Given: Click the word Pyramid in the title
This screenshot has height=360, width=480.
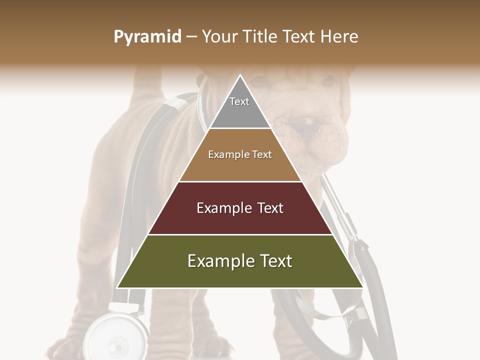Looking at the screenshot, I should click(x=147, y=37).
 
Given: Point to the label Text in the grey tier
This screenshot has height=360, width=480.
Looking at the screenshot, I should click(x=239, y=101).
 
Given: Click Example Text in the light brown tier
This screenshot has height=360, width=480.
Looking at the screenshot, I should click(x=240, y=154).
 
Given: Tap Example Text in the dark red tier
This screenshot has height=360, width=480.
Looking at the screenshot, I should click(x=240, y=208).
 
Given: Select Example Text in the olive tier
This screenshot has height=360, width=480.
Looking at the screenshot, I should click(x=240, y=261).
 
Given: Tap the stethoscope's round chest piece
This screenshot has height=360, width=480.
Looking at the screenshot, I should click(x=118, y=340).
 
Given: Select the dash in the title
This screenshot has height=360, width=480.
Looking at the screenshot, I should click(x=191, y=37).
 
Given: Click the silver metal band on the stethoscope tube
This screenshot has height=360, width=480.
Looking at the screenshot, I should click(x=172, y=103).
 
